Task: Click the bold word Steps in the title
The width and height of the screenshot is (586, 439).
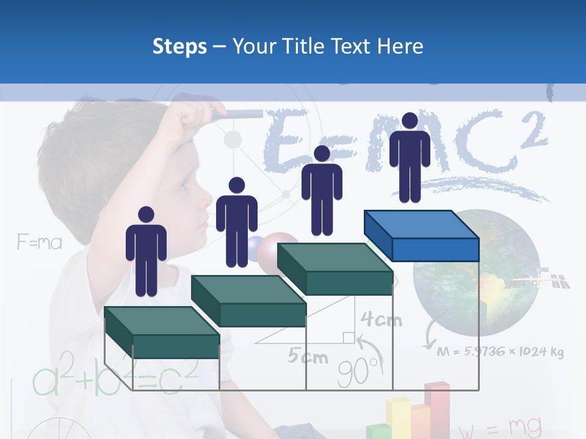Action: [x=179, y=46]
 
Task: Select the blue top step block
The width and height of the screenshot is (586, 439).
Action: [x=421, y=235]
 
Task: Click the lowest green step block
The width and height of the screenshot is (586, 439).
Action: [x=161, y=332]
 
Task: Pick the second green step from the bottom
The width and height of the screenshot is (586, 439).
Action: [x=248, y=301]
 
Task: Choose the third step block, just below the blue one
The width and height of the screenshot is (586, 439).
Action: [x=335, y=268]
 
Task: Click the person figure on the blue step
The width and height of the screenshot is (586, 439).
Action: [x=410, y=157]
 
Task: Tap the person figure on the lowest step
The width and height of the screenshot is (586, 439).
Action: [x=146, y=251]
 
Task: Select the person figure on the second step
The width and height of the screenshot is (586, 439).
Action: [x=236, y=222]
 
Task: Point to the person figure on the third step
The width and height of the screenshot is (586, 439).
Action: [x=322, y=190]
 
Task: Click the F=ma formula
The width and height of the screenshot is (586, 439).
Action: [x=40, y=243]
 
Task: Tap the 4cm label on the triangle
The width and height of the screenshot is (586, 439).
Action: [x=380, y=319]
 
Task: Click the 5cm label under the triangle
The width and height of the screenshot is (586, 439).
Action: [x=308, y=357]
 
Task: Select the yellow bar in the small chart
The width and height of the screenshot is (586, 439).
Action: [x=398, y=418]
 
